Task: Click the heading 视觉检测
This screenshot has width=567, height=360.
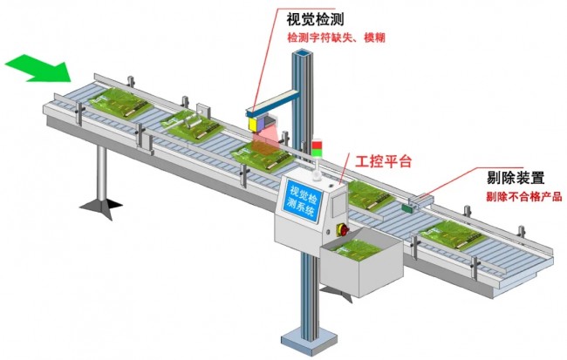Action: pos(315,19)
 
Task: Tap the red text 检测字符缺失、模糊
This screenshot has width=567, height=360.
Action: pos(336,37)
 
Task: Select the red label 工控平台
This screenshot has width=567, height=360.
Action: pos(383,161)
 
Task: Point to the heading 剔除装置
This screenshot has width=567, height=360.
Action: pos(516,178)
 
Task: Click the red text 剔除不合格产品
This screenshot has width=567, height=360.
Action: pos(524,197)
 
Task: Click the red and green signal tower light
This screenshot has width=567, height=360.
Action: pos(318,148)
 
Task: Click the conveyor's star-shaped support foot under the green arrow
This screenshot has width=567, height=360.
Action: pos(101,207)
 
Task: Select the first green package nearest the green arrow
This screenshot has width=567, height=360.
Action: pos(120,103)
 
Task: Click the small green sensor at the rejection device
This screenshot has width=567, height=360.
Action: pos(408,207)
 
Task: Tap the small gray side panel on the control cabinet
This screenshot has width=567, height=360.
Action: pos(338,206)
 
